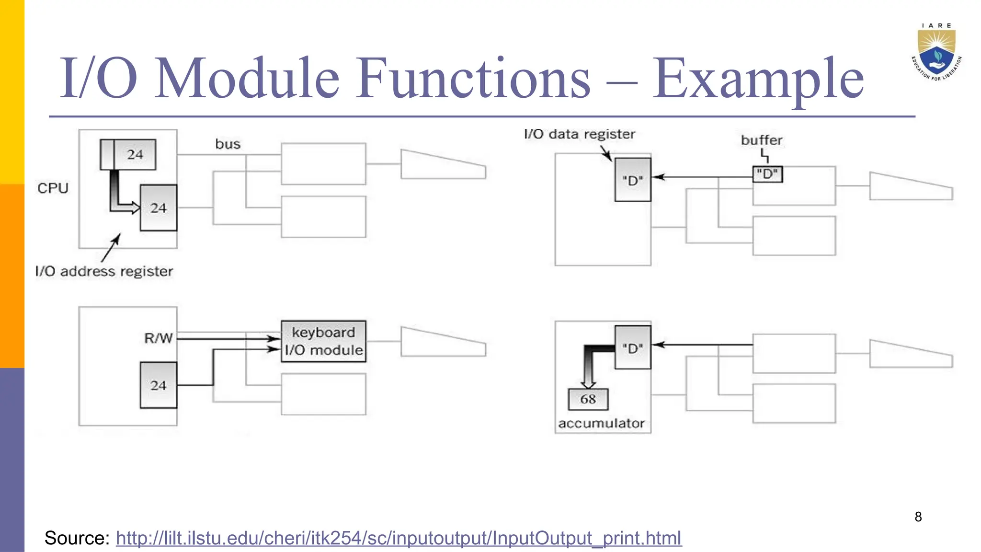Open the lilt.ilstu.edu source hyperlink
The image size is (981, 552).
click(399, 538)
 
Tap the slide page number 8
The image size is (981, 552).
click(918, 517)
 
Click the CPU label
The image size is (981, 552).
click(53, 188)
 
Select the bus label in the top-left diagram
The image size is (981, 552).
click(228, 144)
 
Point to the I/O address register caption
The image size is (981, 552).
click(104, 272)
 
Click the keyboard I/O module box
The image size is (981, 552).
click(323, 341)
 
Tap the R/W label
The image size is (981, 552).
click(158, 338)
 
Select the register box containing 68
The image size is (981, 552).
click(588, 399)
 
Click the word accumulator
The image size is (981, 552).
click(601, 424)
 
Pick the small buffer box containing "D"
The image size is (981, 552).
click(767, 174)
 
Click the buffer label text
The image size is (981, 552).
click(761, 140)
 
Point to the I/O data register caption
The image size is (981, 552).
click(580, 134)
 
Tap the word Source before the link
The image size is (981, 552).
click(77, 538)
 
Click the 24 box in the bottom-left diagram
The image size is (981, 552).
click(159, 385)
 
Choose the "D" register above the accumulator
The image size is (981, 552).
click(633, 347)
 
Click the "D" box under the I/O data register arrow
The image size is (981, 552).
click(633, 180)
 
